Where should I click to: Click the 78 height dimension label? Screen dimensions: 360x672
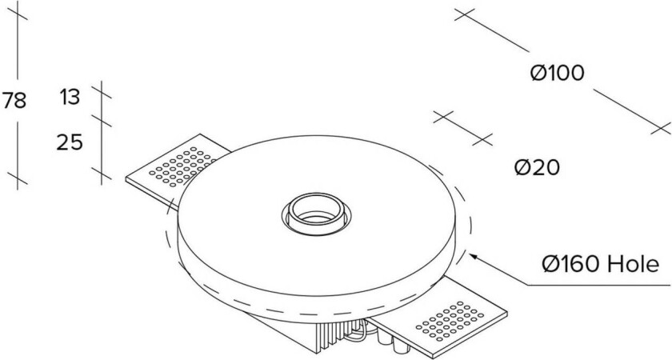14,101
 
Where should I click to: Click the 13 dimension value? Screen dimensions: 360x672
70,98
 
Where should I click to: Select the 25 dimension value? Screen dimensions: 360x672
70,142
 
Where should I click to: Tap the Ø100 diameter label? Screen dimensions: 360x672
557,73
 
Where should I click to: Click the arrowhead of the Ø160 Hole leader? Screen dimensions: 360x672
472,255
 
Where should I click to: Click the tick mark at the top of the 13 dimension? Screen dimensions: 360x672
102,89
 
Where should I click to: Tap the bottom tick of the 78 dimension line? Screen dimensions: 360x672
18,176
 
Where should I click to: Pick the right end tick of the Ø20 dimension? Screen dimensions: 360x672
482,139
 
